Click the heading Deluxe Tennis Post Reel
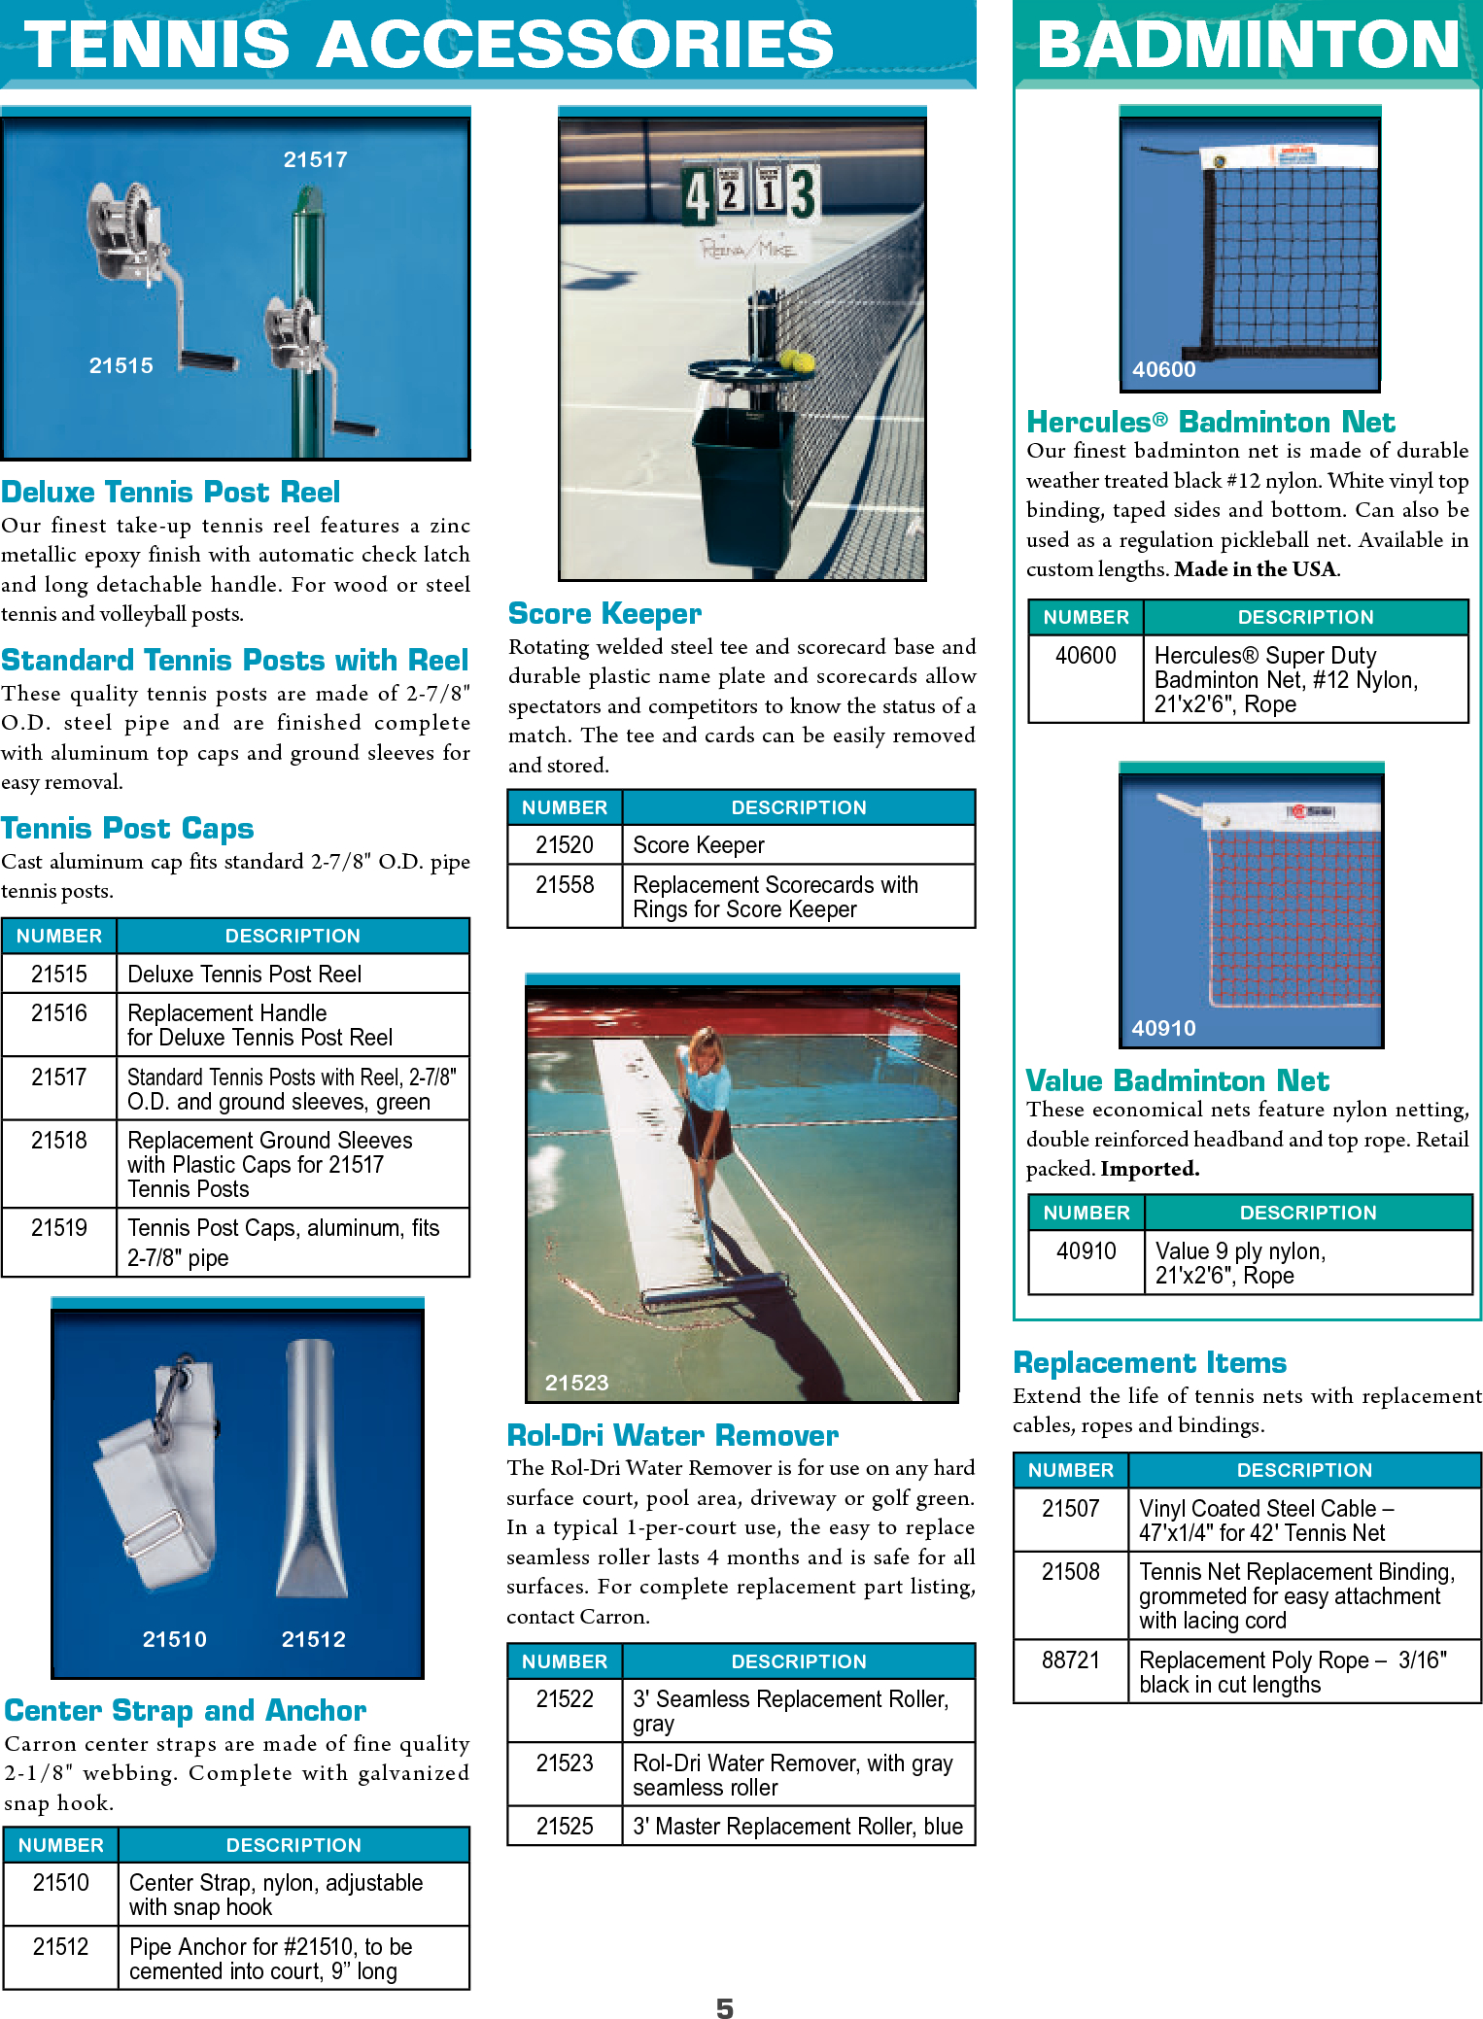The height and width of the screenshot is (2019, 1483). [x=171, y=492]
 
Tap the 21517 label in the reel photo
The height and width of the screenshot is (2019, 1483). [x=315, y=159]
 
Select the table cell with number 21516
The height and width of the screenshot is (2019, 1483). [x=59, y=1013]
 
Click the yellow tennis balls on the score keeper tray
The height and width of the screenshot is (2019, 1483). [x=797, y=360]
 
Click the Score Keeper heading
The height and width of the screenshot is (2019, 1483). [x=604, y=613]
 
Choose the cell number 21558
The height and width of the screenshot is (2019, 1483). [x=565, y=884]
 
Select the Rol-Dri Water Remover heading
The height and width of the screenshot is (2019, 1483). [x=673, y=1435]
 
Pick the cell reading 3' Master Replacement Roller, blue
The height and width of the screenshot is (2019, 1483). [x=798, y=1827]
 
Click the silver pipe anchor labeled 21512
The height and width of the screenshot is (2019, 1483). [x=312, y=1467]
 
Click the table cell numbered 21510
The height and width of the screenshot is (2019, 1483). [x=60, y=1883]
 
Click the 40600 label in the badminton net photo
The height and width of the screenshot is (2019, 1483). [x=1163, y=369]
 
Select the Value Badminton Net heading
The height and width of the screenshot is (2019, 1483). [x=1177, y=1080]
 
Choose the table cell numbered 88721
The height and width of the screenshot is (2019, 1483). [x=1070, y=1660]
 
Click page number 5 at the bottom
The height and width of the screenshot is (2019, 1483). [x=725, y=2007]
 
